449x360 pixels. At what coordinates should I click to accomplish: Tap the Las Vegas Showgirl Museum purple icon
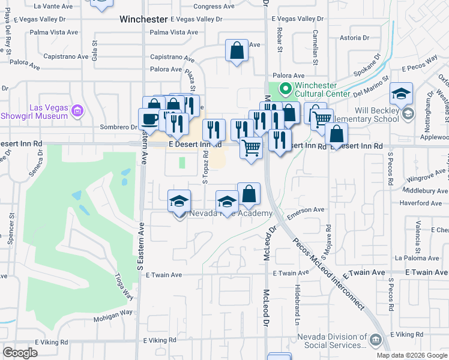[77, 110]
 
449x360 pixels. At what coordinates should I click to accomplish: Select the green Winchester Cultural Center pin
[285, 90]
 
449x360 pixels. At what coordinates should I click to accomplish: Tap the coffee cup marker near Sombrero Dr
[149, 119]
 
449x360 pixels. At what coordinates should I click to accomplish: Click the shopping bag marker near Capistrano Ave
[237, 50]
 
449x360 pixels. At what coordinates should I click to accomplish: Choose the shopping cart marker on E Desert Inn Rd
[251, 148]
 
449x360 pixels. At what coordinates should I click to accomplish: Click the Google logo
[20, 353]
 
